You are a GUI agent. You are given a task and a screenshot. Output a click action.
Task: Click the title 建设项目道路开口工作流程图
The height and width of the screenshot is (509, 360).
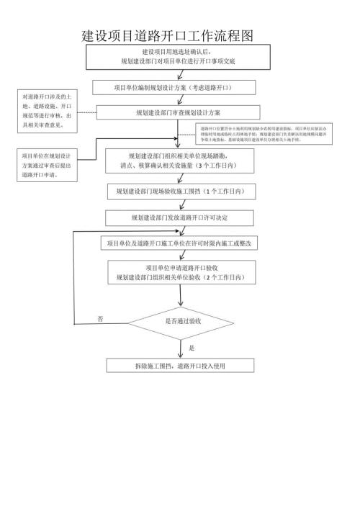tap(170, 36)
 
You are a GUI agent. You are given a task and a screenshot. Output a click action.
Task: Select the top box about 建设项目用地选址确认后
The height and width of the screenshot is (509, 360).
tap(178, 58)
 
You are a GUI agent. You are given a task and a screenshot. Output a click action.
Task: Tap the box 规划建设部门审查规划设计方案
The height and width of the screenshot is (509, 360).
tap(178, 113)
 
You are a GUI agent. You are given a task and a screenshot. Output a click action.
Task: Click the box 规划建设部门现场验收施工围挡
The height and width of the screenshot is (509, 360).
tap(180, 192)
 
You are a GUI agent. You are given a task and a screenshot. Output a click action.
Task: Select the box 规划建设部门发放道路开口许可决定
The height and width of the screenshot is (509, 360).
tap(180, 217)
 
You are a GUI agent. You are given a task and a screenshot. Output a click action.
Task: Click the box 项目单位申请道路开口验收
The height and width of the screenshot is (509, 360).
tap(181, 272)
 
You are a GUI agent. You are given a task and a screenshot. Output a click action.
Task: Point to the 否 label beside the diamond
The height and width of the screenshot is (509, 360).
tap(100, 318)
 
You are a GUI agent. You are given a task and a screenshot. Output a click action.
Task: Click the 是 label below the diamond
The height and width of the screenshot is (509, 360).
tap(192, 348)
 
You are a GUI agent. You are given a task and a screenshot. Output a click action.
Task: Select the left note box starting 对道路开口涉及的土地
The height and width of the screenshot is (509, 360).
tap(47, 112)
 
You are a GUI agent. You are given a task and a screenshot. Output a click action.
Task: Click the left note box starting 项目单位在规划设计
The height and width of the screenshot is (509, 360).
tap(46, 165)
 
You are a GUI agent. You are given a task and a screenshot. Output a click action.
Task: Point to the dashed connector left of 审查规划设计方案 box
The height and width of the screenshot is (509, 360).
tap(87, 113)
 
